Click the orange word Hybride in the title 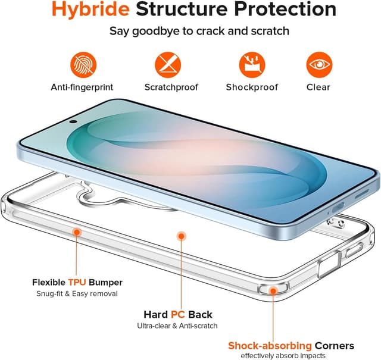[89, 10]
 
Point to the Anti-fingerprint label [82, 87]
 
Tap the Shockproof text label [252, 87]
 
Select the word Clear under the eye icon [318, 87]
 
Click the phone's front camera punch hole [73, 121]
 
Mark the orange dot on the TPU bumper [76, 231]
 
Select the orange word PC [178, 314]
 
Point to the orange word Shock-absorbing [270, 346]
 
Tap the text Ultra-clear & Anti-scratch [177, 325]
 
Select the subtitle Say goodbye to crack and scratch [190, 31]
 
